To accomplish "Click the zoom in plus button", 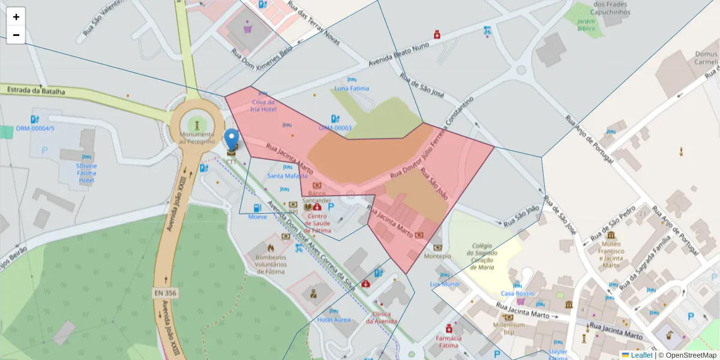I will [x=16, y=17].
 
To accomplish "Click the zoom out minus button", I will [x=16, y=35].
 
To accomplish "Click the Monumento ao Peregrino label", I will [x=197, y=137].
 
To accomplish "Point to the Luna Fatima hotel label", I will [x=352, y=89].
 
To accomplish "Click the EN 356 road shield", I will [x=165, y=293].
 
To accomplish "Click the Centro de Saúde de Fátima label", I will [x=317, y=223].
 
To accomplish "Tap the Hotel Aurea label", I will [x=334, y=320].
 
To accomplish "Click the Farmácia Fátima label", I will [x=448, y=342].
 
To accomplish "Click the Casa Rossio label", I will [x=517, y=293].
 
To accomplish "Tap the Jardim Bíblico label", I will [x=586, y=25].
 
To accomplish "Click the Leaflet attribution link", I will [x=641, y=355].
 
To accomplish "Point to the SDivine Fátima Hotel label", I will [x=86, y=173].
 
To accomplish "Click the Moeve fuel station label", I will [x=257, y=216].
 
